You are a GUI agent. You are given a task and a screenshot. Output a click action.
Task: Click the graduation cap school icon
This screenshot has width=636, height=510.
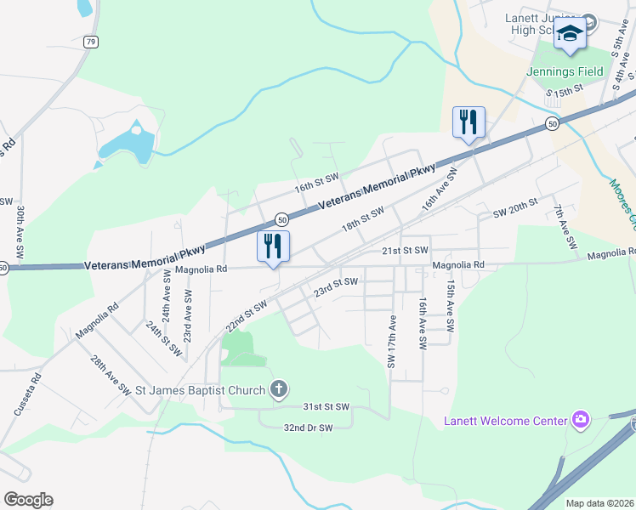click(571, 33)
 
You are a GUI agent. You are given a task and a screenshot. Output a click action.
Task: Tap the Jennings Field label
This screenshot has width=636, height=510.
click(565, 71)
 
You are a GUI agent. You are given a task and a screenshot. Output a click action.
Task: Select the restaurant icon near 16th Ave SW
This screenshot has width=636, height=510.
click(468, 122)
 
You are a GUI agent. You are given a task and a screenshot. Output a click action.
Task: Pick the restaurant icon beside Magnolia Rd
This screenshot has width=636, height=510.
click(273, 246)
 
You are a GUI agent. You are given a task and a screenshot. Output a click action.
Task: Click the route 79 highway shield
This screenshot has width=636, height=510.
click(91, 41)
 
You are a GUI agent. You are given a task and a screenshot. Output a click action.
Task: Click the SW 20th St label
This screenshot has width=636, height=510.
click(516, 208)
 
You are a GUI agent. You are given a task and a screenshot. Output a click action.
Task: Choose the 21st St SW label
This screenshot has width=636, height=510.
click(404, 251)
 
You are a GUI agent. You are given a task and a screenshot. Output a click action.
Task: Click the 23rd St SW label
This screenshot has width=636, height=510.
click(335, 287)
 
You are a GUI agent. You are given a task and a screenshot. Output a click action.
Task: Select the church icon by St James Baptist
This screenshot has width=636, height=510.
click(278, 390)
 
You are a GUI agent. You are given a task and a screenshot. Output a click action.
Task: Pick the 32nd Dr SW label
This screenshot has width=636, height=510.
click(308, 428)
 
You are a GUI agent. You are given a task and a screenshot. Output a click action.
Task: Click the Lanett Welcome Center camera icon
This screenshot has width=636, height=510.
click(581, 419)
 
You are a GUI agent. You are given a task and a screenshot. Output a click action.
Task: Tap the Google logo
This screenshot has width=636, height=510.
click(28, 500)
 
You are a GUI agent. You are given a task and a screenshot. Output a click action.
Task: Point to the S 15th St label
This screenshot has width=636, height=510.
click(565, 89)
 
